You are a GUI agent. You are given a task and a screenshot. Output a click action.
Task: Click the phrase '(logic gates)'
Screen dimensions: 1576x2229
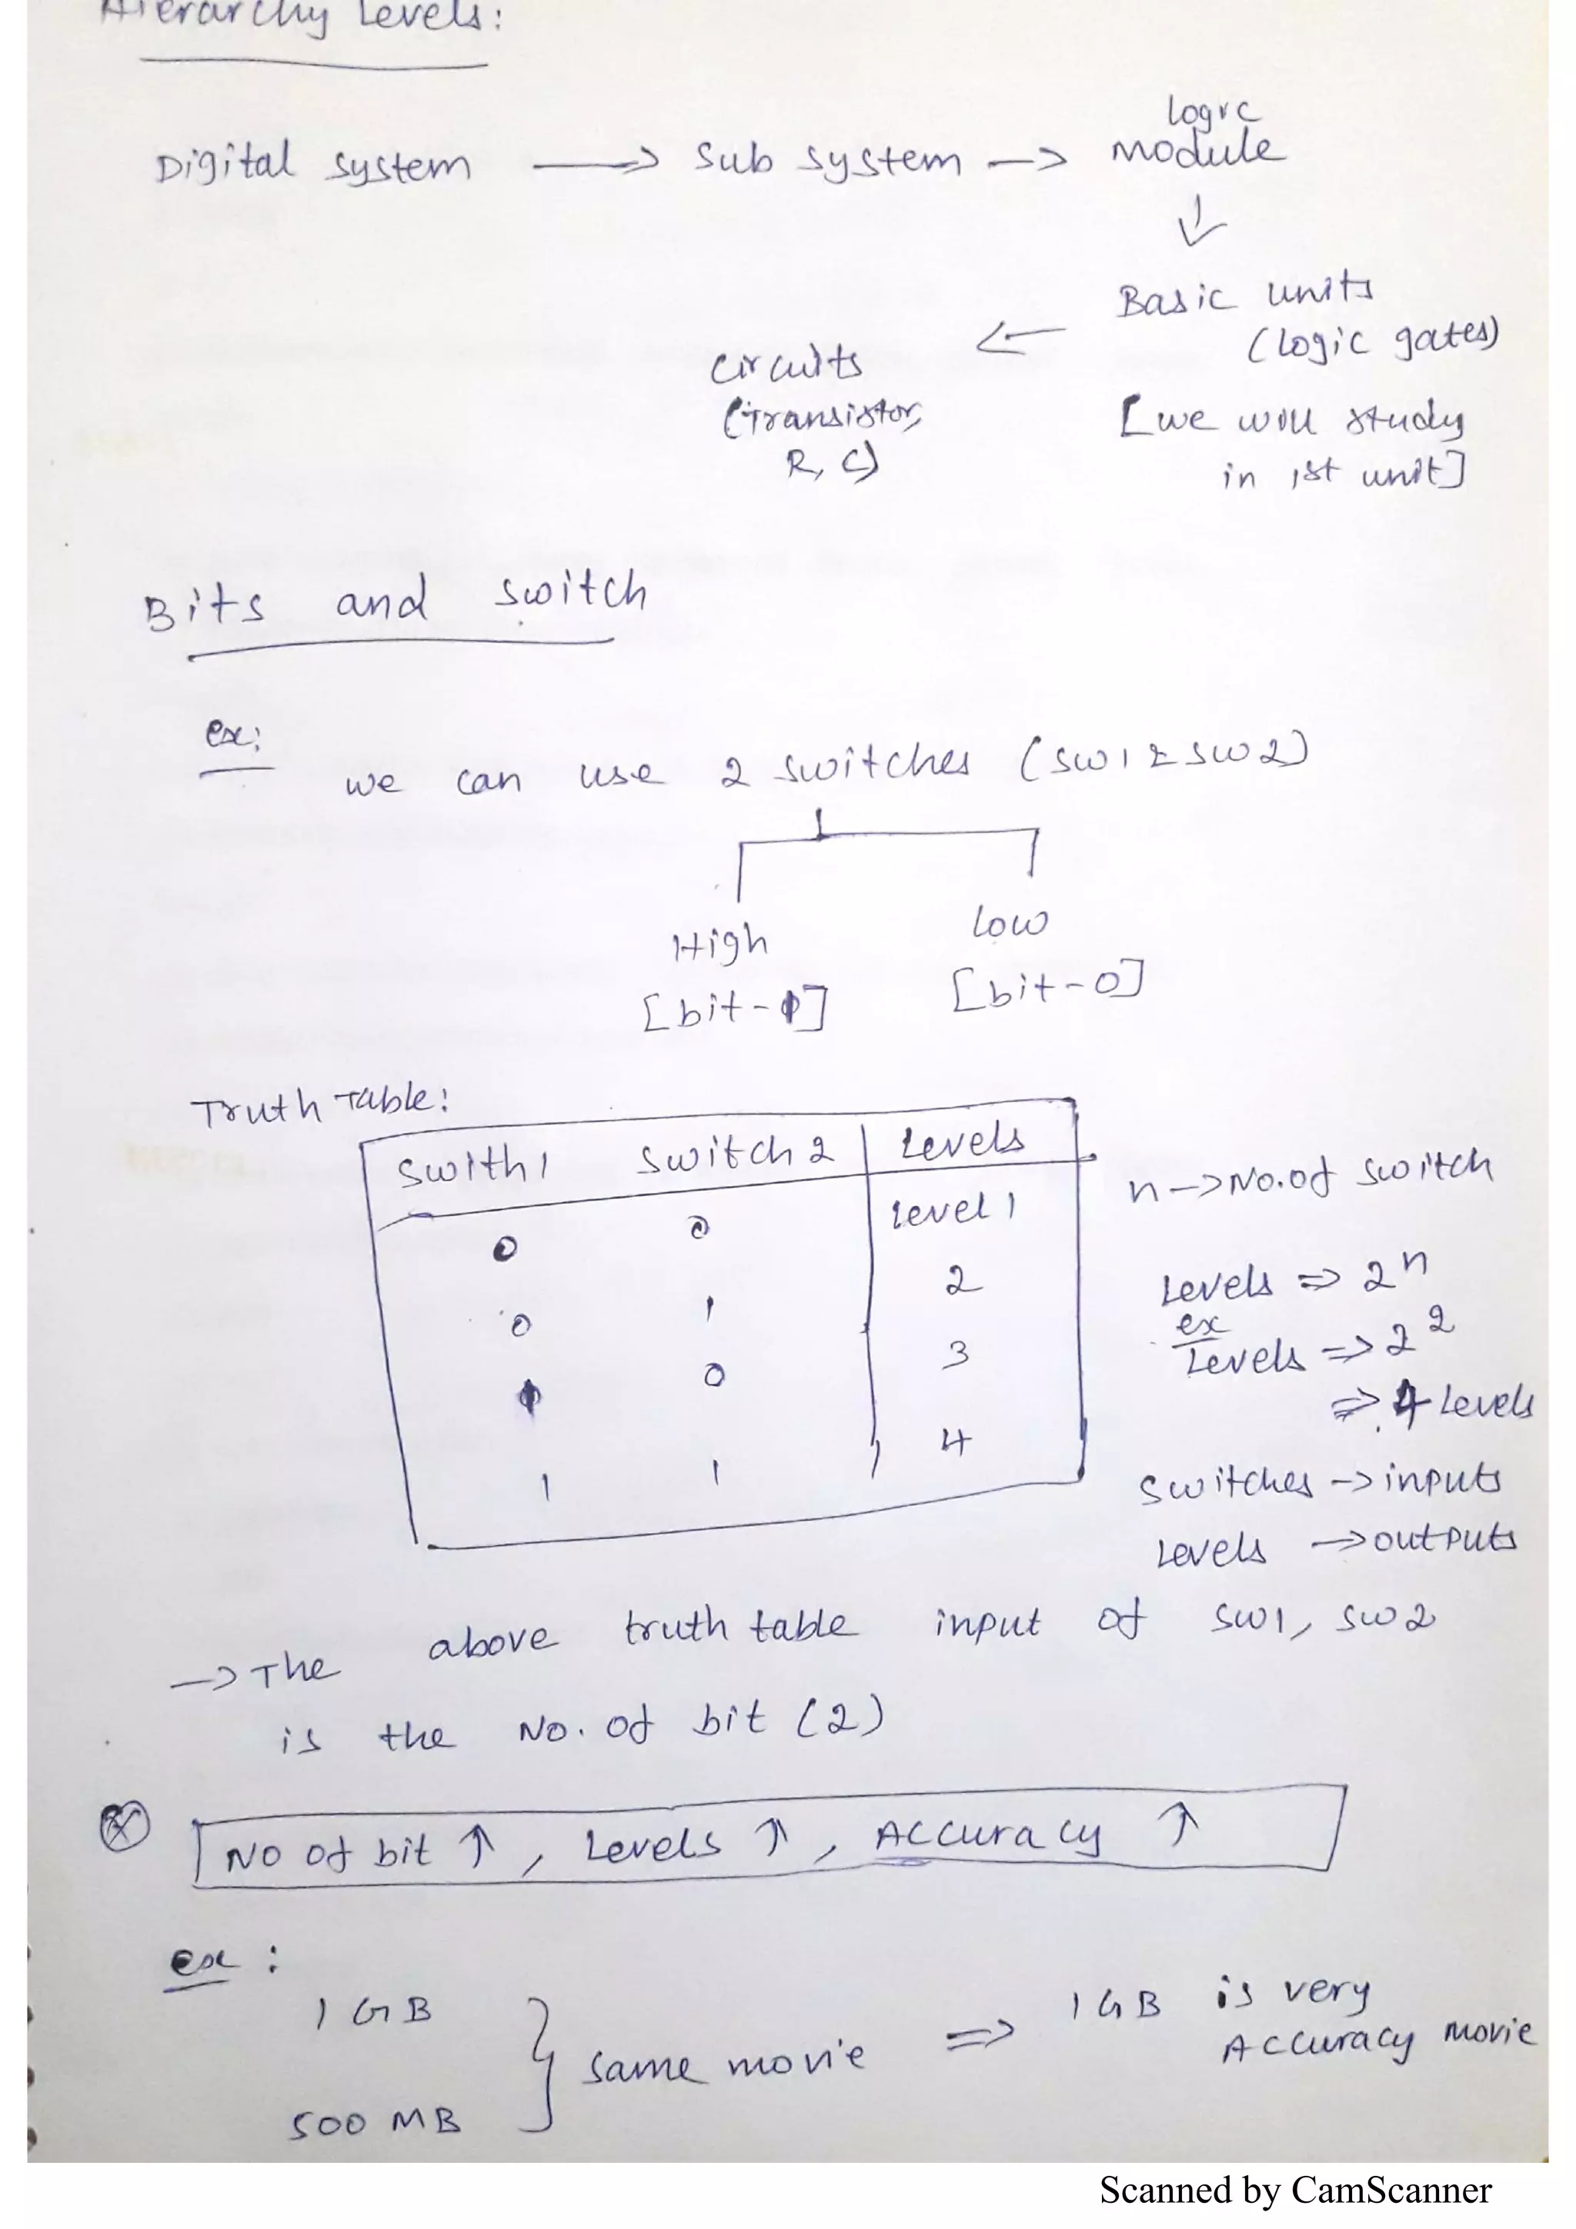(x=1372, y=340)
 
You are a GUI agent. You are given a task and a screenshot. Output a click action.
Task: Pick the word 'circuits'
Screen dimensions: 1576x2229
(x=786, y=365)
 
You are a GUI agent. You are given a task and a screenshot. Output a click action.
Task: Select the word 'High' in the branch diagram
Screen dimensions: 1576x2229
(x=720, y=944)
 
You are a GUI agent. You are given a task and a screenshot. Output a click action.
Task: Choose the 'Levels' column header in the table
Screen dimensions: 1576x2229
(x=960, y=1141)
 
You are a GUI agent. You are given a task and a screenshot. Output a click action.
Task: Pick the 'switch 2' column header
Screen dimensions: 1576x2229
(x=734, y=1155)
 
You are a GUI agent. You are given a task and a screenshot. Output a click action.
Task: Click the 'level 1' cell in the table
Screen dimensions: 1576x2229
(x=953, y=1210)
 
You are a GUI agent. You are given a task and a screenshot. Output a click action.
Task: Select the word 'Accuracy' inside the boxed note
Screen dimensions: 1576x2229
(x=987, y=1836)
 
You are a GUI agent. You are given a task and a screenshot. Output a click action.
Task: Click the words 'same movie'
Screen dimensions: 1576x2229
(x=723, y=2063)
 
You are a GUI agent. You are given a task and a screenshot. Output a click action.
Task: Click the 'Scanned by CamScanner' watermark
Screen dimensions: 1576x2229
(x=1294, y=2191)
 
